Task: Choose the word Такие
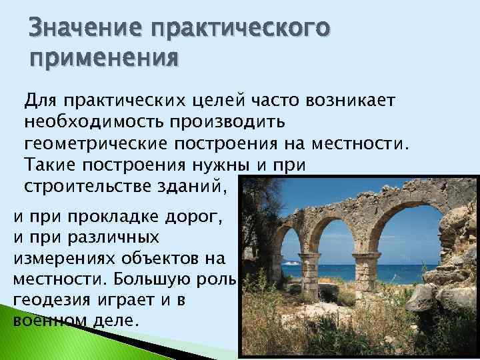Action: (50, 165)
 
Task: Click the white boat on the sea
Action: (291, 263)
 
